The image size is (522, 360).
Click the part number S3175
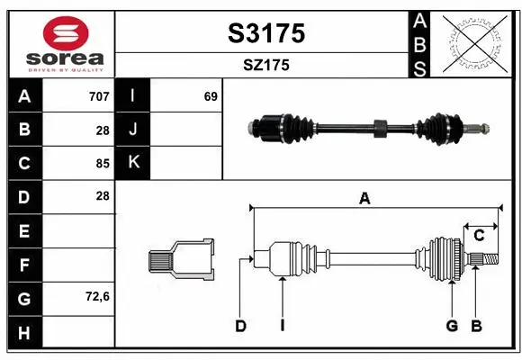click(x=265, y=33)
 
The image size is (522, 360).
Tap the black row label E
click(x=24, y=230)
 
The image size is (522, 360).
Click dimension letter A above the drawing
click(x=364, y=199)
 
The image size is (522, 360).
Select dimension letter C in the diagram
click(x=480, y=235)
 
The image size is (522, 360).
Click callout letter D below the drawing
click(x=240, y=326)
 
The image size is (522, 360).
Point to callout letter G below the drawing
click(x=452, y=326)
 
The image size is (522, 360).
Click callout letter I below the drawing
click(x=282, y=326)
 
